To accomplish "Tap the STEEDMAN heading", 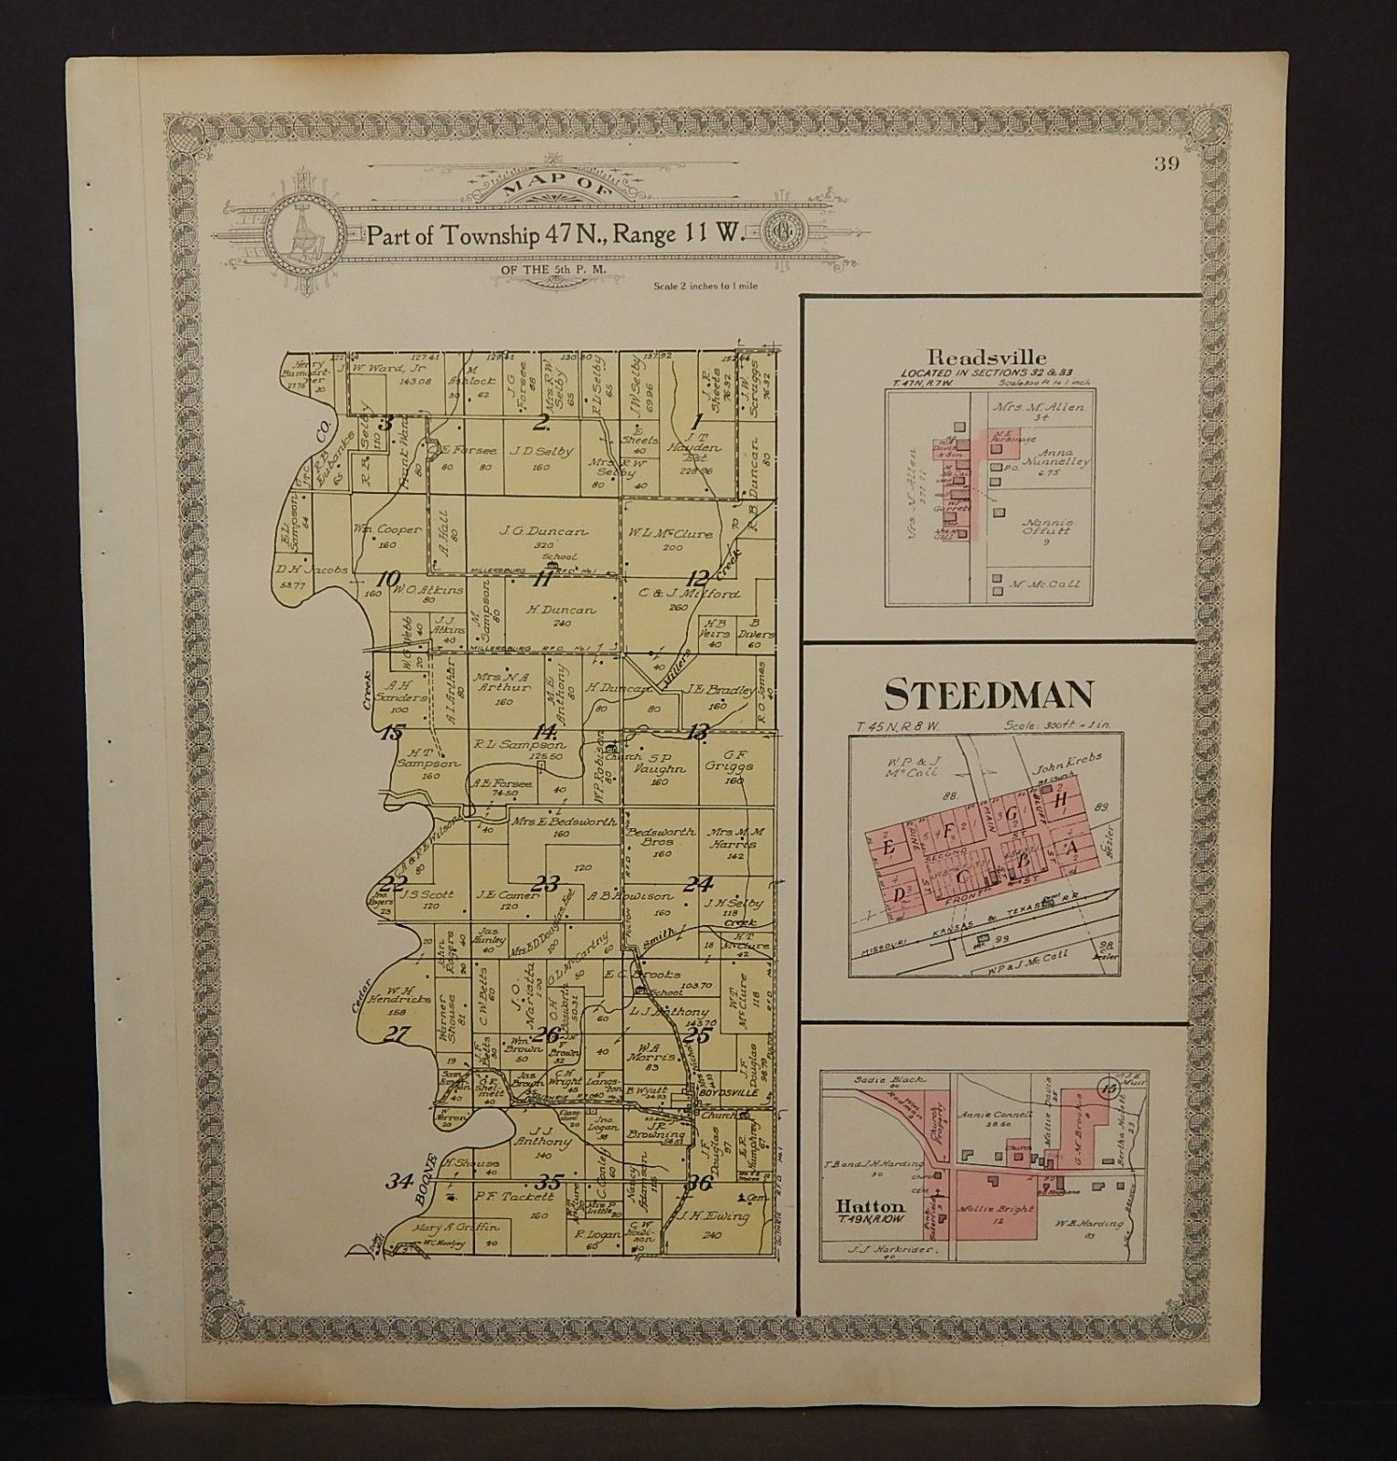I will (989, 696).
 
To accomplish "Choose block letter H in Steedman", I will (1060, 800).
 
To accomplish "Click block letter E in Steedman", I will (889, 846).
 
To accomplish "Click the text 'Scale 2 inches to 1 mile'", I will (706, 287).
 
